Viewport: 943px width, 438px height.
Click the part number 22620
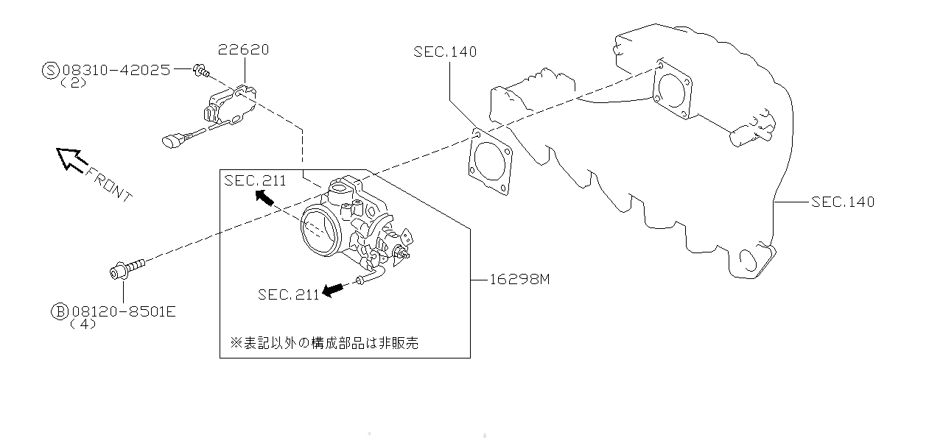[x=243, y=50]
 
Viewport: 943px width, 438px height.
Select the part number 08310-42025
[x=116, y=70]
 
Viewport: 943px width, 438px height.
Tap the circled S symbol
[x=50, y=70]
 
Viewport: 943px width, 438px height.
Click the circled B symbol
[x=59, y=311]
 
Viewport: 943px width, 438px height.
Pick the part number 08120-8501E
[x=122, y=311]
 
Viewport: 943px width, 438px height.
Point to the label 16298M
[x=519, y=280]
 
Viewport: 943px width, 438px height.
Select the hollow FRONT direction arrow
[x=71, y=158]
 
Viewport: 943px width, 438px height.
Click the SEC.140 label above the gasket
[x=445, y=52]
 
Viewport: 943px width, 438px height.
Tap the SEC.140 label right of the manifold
[x=842, y=201]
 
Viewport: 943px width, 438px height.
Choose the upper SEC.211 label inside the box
[x=255, y=181]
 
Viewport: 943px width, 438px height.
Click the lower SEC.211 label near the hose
[x=288, y=294]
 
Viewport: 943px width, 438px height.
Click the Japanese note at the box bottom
[x=324, y=342]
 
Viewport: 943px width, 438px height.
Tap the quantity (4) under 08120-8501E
[x=83, y=324]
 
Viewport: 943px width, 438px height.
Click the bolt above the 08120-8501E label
[x=127, y=267]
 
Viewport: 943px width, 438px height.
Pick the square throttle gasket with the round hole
[x=489, y=163]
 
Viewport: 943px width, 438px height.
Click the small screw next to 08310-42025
[x=201, y=71]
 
